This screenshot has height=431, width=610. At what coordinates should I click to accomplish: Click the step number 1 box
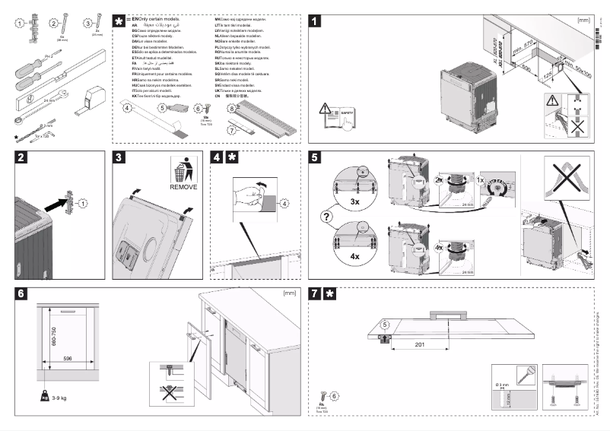(x=315, y=22)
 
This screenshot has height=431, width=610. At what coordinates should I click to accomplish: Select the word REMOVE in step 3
(x=183, y=186)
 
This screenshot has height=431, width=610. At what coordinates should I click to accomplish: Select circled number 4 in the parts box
(x=128, y=109)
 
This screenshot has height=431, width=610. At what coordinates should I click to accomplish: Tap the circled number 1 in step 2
(x=84, y=203)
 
